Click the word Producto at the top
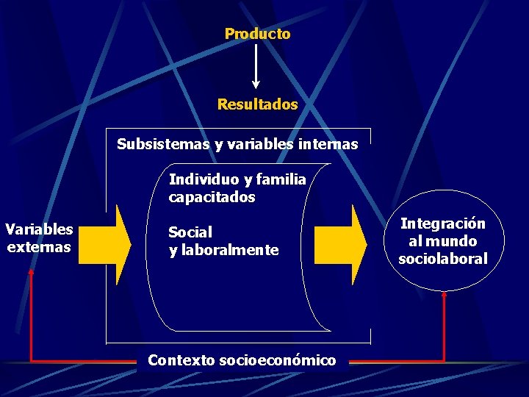pyautogui.click(x=257, y=34)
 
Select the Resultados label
pyautogui.click(x=257, y=104)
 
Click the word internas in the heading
pyautogui.click(x=329, y=144)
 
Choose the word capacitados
pyautogui.click(x=212, y=197)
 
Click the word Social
pyautogui.click(x=190, y=232)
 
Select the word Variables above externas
pyautogui.click(x=39, y=229)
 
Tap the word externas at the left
pyautogui.click(x=39, y=246)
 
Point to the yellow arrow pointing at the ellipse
pyautogui.click(x=341, y=245)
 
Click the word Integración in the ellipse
pyautogui.click(x=443, y=223)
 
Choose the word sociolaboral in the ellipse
pyautogui.click(x=443, y=259)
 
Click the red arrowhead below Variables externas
pyautogui.click(x=31, y=271)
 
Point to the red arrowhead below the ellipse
pyautogui.click(x=445, y=295)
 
